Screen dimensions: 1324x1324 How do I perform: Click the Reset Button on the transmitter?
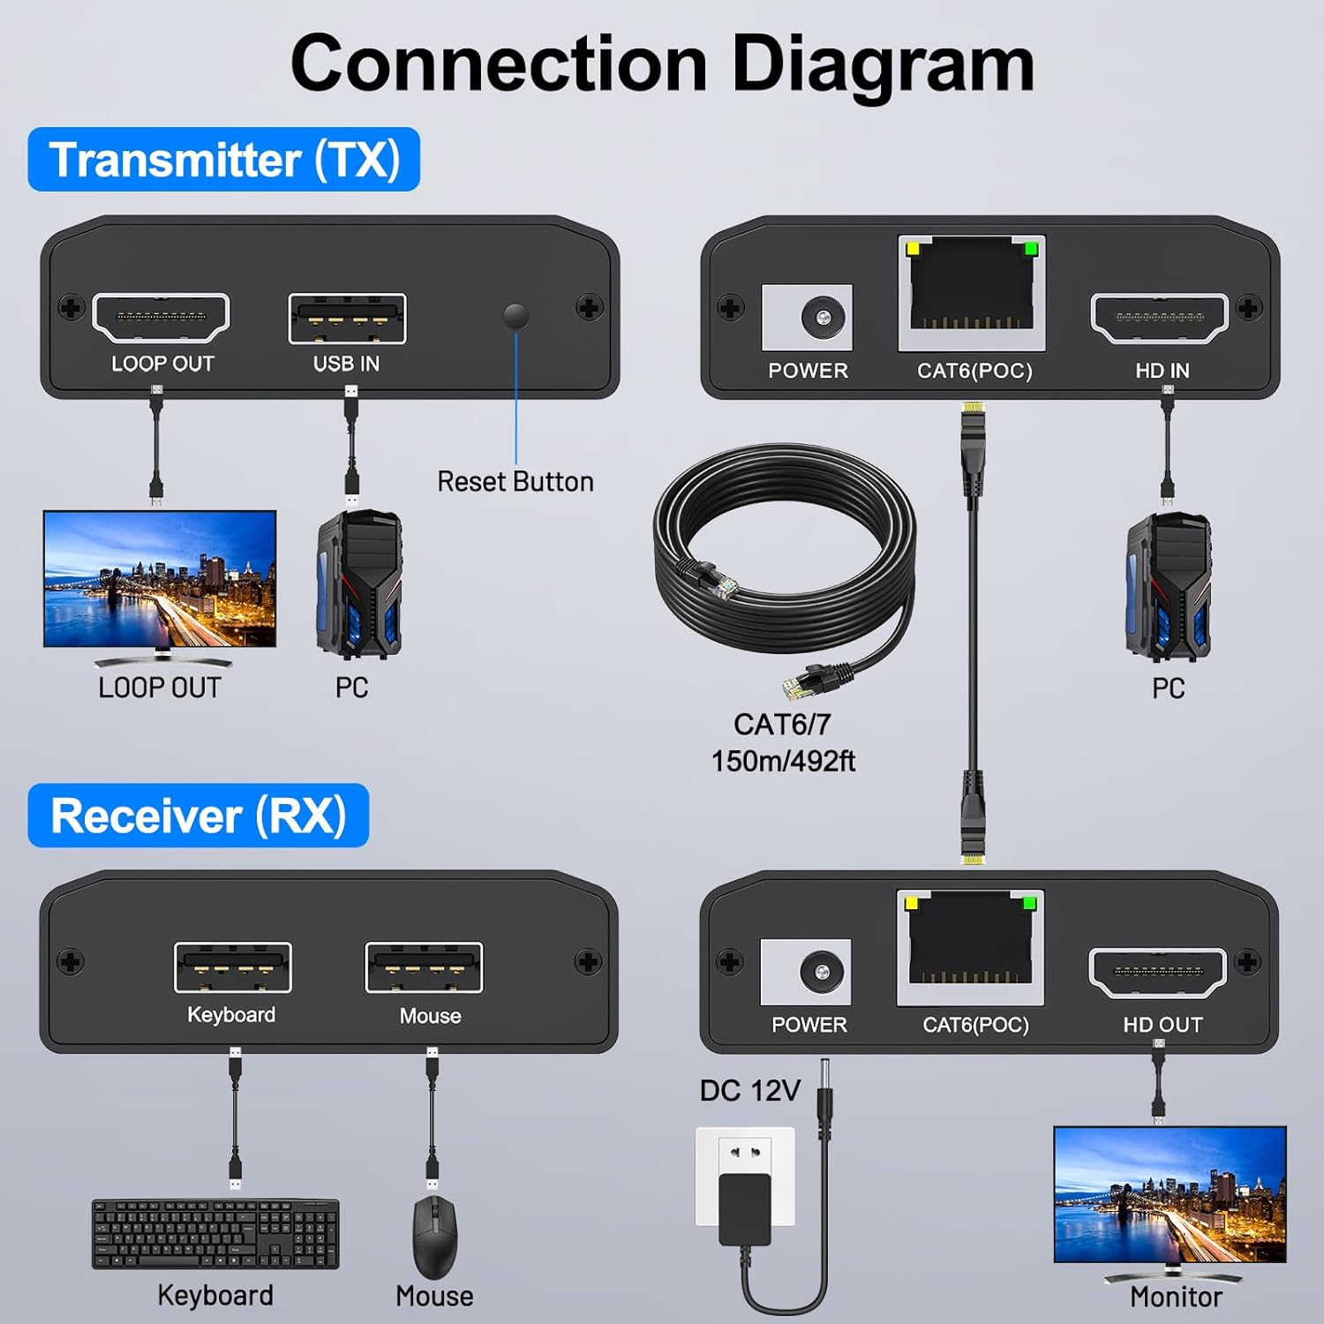515,315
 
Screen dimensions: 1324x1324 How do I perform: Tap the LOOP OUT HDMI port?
161,318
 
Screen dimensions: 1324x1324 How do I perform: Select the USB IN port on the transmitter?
347,319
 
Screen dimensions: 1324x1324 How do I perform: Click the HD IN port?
1160,319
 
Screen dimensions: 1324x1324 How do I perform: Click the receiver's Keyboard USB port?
233,967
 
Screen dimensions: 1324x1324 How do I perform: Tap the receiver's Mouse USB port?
424,967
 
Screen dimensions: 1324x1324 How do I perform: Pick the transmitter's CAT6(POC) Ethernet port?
972,291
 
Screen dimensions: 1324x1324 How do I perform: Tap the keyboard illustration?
215,1234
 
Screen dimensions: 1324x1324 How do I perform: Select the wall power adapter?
746,1187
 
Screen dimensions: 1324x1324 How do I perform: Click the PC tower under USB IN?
359,584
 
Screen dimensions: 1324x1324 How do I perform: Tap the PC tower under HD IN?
1168,587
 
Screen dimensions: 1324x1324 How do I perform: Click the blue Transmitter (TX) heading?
224,160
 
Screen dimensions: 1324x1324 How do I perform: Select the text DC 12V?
749,1091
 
